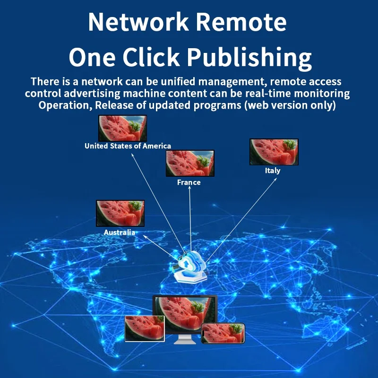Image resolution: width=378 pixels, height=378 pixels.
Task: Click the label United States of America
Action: pos(128,146)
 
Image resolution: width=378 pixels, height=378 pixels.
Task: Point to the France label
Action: pos(189,182)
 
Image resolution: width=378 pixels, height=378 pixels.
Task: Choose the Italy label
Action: pos(273,171)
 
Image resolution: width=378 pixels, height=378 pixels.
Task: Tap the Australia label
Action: pos(120,232)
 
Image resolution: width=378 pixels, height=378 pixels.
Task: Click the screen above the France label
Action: pos(190,163)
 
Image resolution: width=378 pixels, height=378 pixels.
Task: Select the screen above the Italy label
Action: pos(274,152)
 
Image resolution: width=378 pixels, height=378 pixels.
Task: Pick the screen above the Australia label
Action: pos(120,213)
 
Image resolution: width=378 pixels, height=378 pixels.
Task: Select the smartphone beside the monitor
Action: pos(223,333)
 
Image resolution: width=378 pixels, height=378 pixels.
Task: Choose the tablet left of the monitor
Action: pos(144,329)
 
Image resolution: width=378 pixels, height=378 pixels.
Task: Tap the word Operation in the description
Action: pos(63,105)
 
